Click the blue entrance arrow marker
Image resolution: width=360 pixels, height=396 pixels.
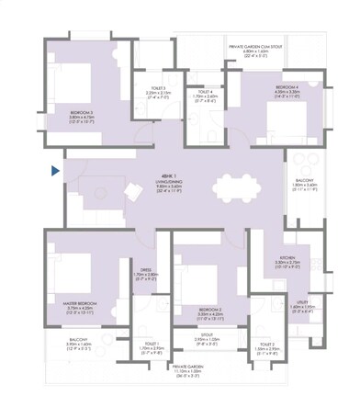pos(57,170)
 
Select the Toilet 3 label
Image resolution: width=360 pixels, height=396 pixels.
pos(159,93)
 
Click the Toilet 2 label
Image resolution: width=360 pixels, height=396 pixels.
pos(268,347)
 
